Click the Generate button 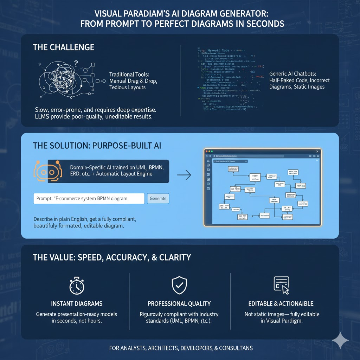coord(158,198)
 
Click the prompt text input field coord(89,198)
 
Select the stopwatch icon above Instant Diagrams coord(77,285)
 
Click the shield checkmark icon coord(179,285)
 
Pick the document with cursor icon coord(281,285)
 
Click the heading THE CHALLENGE coord(64,47)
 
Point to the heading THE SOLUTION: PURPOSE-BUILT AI coord(97,146)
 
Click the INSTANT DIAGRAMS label coord(77,303)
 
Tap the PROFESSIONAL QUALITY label coord(179,303)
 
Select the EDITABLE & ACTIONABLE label coord(281,303)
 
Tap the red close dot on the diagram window coord(206,151)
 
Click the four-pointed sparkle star coord(340,340)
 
